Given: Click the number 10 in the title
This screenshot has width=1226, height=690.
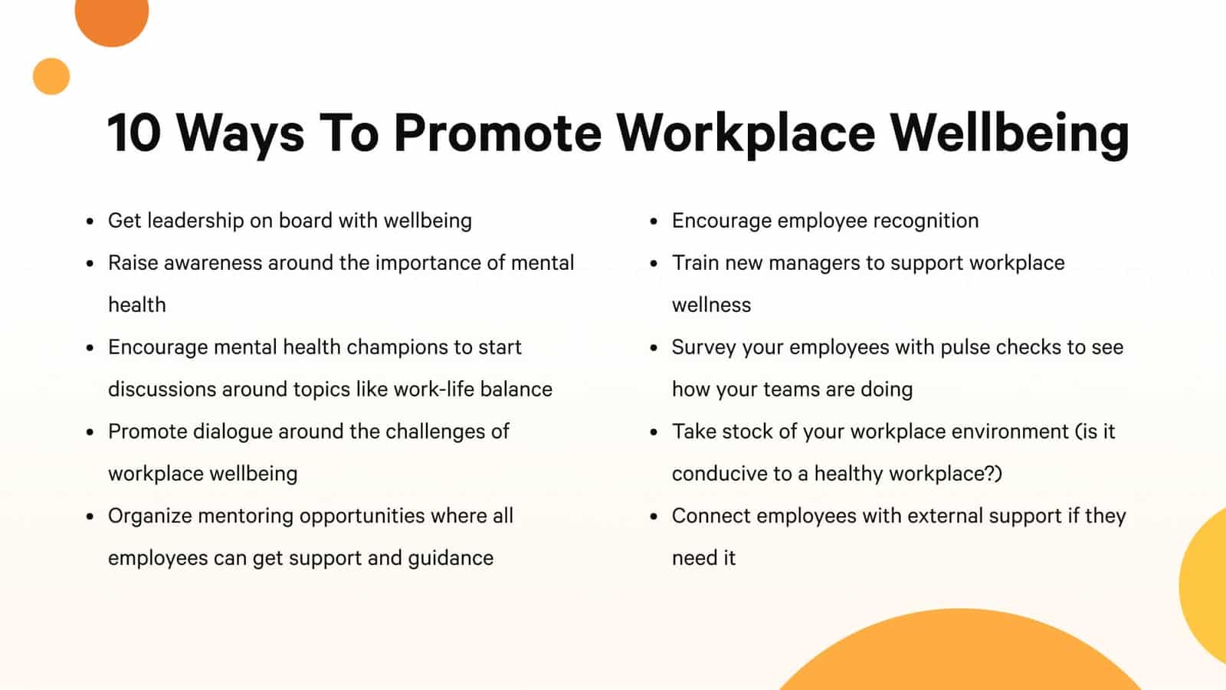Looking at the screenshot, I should pyautogui.click(x=134, y=133).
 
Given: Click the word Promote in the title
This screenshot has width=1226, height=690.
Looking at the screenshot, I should pyautogui.click(x=497, y=133).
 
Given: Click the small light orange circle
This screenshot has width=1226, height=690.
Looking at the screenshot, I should pyautogui.click(x=51, y=77).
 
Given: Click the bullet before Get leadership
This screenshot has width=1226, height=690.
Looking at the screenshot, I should pyautogui.click(x=90, y=222).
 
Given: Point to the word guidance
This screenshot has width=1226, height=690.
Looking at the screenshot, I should pyautogui.click(x=451, y=558).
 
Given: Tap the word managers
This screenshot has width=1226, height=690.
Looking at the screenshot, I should pyautogui.click(x=814, y=264).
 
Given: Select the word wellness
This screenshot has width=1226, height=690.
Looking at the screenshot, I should pyautogui.click(x=711, y=305).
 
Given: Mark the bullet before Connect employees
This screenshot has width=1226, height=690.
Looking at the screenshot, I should pyautogui.click(x=654, y=517).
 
